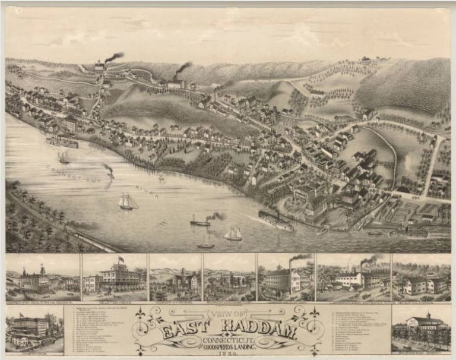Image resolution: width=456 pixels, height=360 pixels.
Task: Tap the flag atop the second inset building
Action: [x=121, y=260]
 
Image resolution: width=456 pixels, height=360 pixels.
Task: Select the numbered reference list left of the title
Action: [x=98, y=330]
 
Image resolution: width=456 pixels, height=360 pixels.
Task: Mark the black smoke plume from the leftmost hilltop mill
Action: [x=114, y=57]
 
